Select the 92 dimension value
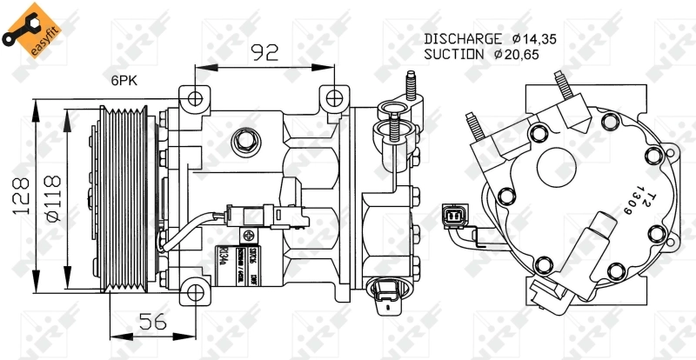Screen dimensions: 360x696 [264, 52]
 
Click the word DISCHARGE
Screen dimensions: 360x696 [462, 38]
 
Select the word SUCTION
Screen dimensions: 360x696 [453, 54]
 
